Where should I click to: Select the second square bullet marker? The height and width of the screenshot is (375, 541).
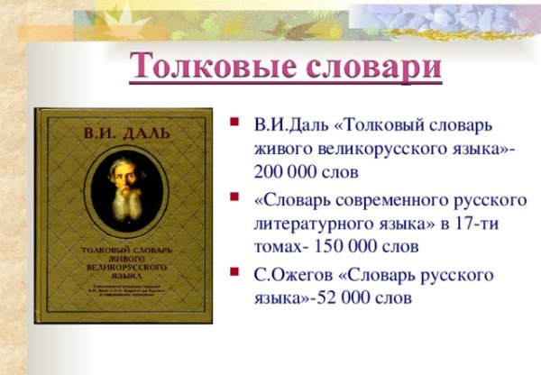pos(235,197)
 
